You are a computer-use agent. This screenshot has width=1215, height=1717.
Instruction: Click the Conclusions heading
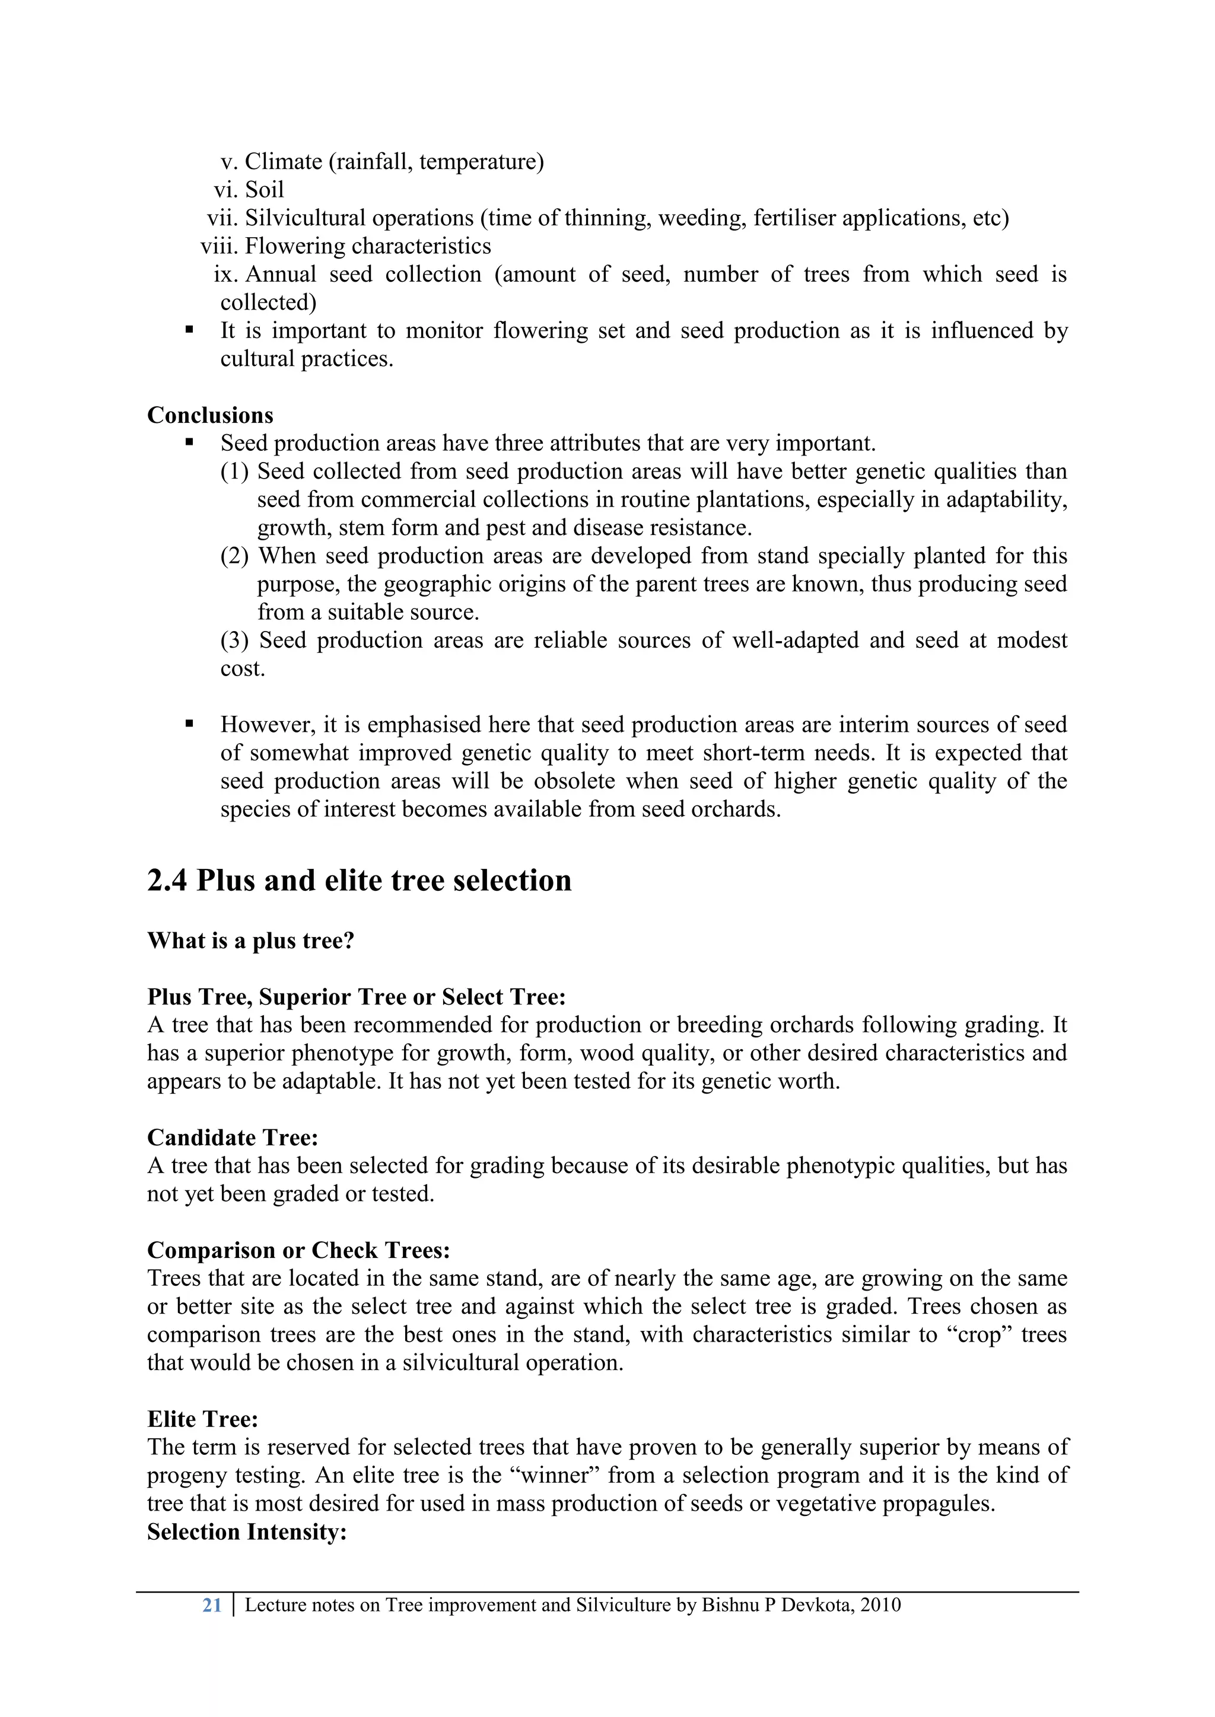coord(210,415)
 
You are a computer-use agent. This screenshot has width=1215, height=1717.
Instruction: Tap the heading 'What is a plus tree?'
coord(250,940)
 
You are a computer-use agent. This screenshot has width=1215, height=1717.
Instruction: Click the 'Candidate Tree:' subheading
coord(233,1138)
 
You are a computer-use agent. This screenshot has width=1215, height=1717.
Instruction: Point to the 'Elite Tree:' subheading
coord(202,1419)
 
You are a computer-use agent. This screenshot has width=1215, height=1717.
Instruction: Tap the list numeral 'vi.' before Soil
coord(226,190)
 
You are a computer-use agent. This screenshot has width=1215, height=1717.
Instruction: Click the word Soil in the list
coord(265,190)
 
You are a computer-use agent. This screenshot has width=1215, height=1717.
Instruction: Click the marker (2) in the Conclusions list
coord(234,556)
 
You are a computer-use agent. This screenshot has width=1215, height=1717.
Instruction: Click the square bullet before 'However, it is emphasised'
coord(189,724)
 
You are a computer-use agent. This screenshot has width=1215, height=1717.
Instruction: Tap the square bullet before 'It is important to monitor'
coord(189,330)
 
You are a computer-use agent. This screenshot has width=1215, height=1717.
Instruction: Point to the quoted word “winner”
coord(558,1476)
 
